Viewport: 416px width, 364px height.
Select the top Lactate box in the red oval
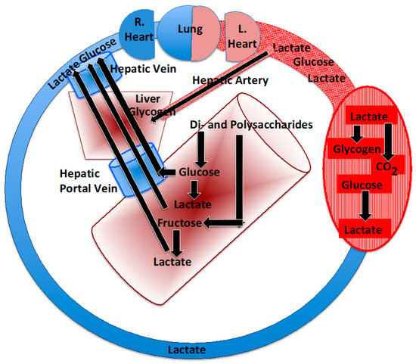(x=367, y=117)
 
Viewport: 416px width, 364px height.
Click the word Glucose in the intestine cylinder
(x=198, y=173)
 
